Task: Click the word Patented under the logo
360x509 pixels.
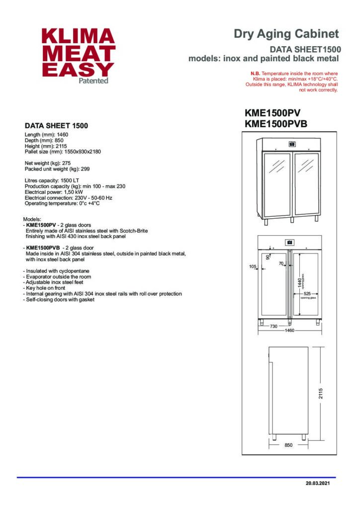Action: coord(93,81)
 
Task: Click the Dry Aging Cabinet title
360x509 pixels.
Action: coord(286,34)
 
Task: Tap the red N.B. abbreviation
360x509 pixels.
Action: coord(256,74)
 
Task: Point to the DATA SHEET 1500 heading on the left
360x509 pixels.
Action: coord(56,126)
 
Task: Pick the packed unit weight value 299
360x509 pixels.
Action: coord(85,169)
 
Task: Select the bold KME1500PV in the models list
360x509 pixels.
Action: coord(42,225)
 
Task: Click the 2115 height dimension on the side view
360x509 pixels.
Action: coord(321,393)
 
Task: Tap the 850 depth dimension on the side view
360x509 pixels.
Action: coord(288,445)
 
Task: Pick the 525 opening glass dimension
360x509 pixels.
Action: coord(308,293)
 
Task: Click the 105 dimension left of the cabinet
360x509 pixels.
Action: coord(253,266)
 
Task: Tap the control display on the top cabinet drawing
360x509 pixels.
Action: coord(291,145)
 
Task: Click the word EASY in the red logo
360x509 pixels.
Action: coord(78,69)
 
